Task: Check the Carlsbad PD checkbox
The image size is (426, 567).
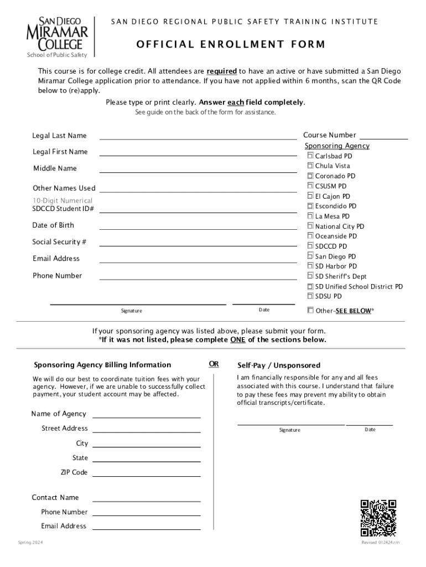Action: point(310,156)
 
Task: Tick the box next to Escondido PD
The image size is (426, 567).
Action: point(310,206)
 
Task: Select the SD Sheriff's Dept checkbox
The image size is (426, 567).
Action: point(310,276)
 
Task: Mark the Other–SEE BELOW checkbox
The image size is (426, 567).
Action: point(310,310)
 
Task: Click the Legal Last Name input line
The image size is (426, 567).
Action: point(198,138)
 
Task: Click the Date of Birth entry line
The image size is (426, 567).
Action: point(198,228)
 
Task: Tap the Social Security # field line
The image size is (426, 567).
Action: point(198,244)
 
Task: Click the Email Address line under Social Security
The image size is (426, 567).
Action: point(198,261)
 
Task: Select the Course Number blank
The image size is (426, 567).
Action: point(384,137)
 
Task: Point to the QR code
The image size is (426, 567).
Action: point(378,518)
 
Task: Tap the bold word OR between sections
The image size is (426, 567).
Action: point(214,364)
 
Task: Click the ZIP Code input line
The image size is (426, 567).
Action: point(146,475)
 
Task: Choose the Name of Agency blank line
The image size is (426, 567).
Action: point(146,416)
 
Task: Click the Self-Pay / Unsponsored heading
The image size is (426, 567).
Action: point(279,365)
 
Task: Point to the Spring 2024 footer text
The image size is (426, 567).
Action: point(30,542)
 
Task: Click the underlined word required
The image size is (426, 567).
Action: point(222,71)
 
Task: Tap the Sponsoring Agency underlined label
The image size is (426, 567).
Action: point(337,146)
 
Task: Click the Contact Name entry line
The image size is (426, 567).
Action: point(146,500)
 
